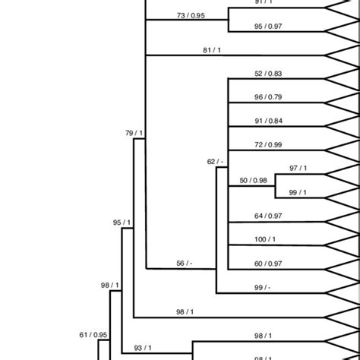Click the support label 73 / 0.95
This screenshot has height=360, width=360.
[x=191, y=14]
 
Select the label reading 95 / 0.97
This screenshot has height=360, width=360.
[x=268, y=27]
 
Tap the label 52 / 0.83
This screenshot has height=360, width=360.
[x=268, y=73]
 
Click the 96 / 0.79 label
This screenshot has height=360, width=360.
[x=268, y=96]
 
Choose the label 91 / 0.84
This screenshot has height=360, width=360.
[x=268, y=120]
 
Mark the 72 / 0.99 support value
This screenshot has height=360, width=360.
[x=268, y=144]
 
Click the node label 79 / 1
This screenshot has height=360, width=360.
[x=134, y=134]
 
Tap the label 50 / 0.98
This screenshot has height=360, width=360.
[x=254, y=180]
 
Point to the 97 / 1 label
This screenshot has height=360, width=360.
[x=298, y=168]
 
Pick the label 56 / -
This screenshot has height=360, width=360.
[x=184, y=263]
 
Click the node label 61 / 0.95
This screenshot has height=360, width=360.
[x=93, y=334]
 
